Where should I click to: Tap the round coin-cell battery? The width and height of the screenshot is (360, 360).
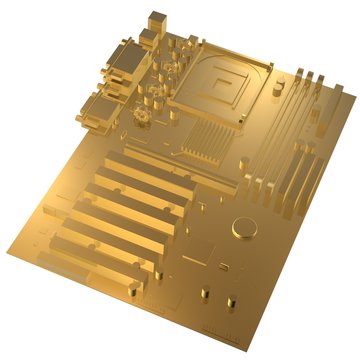(x=243, y=226)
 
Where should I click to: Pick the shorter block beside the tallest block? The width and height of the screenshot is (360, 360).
(x=147, y=40)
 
